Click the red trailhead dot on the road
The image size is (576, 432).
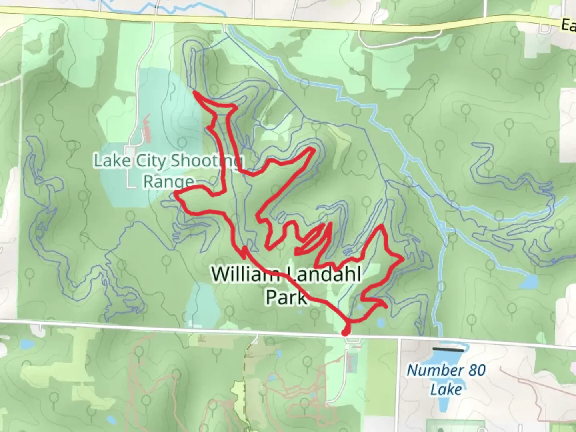tap(345, 332)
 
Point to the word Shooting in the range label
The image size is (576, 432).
tap(206, 161)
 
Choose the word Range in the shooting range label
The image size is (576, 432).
tap(168, 182)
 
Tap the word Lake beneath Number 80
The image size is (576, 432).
tap(446, 389)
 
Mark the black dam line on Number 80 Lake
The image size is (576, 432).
tap(448, 349)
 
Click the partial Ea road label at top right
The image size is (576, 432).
tap(568, 26)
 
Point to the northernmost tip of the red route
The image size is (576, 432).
tap(194, 92)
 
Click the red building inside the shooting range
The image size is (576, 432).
tap(147, 128)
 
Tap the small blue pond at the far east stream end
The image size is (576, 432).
tap(528, 283)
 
